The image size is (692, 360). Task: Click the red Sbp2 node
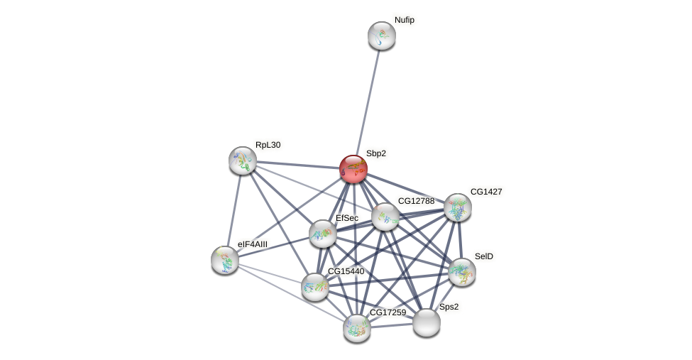pos(353,169)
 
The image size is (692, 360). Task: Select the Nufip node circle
pos(382,36)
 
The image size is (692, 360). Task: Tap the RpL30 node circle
pos(243,160)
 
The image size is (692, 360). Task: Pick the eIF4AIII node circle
pos(225,260)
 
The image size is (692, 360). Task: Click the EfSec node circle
pos(323,234)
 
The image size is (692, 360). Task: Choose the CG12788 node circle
pos(385,217)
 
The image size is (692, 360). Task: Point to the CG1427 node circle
pos(458,207)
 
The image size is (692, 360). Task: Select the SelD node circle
pos(462,272)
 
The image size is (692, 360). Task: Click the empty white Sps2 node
pos(427,322)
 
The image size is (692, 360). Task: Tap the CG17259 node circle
pos(357,328)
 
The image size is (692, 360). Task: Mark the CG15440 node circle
pos(315,287)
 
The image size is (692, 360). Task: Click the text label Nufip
pos(405,20)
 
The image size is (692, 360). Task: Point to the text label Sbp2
pos(376,153)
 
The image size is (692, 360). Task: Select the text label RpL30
pos(268,145)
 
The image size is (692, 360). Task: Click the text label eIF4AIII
pos(253,244)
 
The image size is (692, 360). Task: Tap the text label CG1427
pos(486,192)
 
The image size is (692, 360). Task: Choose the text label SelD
pos(484,256)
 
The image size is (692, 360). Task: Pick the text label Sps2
pos(449,307)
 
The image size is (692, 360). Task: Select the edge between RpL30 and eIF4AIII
pos(234,210)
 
